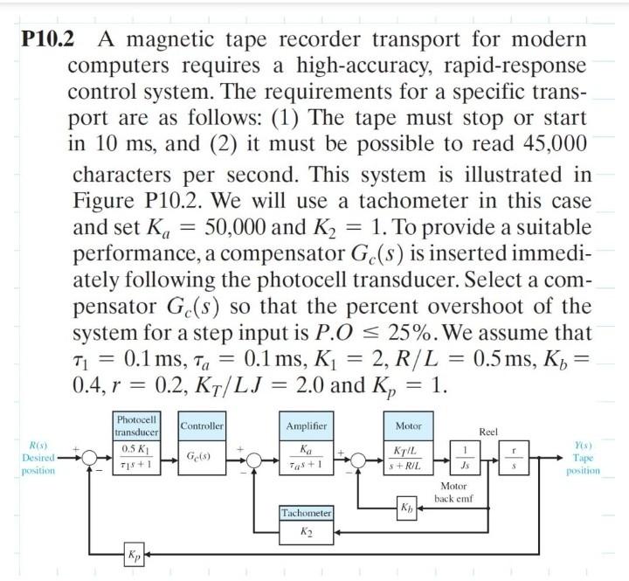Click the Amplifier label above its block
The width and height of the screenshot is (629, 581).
tap(306, 425)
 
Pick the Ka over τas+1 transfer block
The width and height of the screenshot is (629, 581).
tap(306, 458)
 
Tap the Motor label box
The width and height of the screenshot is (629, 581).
tap(408, 425)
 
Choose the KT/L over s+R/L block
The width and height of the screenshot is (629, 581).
tap(408, 458)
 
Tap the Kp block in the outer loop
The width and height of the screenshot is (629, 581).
tap(133, 555)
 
